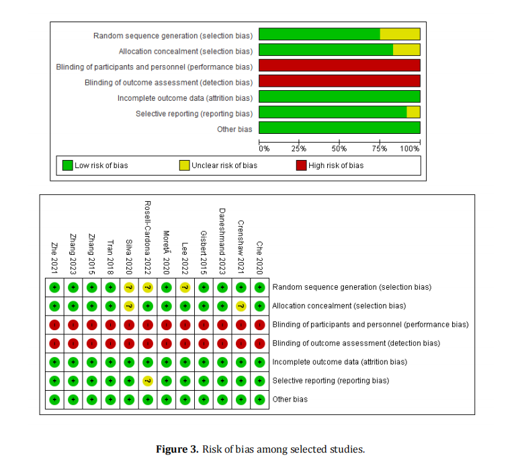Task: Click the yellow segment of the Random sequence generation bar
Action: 400,34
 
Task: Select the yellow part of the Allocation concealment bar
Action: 406,50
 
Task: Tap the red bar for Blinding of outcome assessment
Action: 339,81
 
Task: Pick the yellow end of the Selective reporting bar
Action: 413,112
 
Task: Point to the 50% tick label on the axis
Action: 339,148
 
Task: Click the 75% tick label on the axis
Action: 380,148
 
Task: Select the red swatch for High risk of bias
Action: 301,165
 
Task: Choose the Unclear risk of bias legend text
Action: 224,165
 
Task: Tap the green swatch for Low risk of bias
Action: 67,165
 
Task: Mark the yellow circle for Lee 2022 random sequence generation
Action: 185,287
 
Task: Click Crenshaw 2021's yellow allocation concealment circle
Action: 241,306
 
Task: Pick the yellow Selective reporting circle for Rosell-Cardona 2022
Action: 148,381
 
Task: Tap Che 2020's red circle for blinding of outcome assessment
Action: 260,343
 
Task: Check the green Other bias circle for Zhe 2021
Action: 55,399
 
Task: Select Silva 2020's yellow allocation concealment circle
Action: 130,306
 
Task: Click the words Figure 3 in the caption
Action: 177,449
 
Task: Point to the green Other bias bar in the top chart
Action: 339,128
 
